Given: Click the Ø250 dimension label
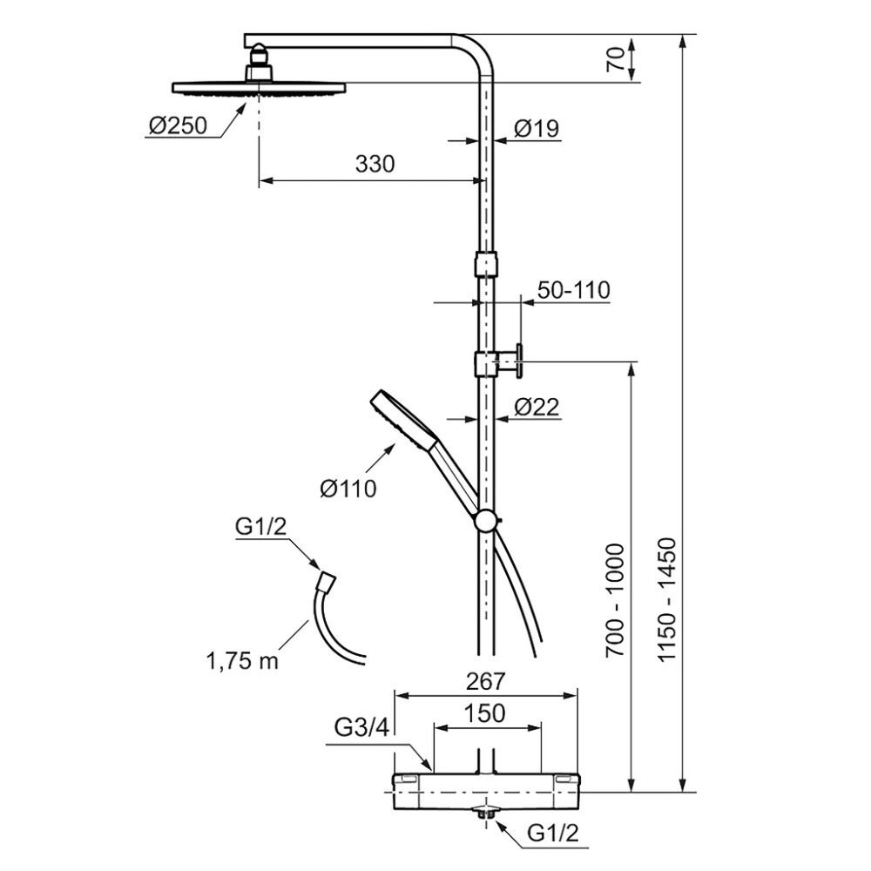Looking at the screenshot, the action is pyautogui.click(x=178, y=125).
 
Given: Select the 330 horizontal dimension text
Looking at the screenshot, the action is pyautogui.click(x=375, y=164).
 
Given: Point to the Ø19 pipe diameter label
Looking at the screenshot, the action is pyautogui.click(x=536, y=128).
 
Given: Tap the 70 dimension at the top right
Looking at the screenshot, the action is pyautogui.click(x=615, y=58).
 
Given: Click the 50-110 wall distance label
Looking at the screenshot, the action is pyautogui.click(x=574, y=290).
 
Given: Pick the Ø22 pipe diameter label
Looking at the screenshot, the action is pyautogui.click(x=537, y=407).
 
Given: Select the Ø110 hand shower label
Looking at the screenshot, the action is pyautogui.click(x=348, y=489).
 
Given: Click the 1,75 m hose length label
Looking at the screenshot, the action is pyautogui.click(x=242, y=661).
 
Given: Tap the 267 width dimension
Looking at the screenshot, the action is pyautogui.click(x=485, y=681).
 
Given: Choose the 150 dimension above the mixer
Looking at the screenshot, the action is pyautogui.click(x=485, y=713).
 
